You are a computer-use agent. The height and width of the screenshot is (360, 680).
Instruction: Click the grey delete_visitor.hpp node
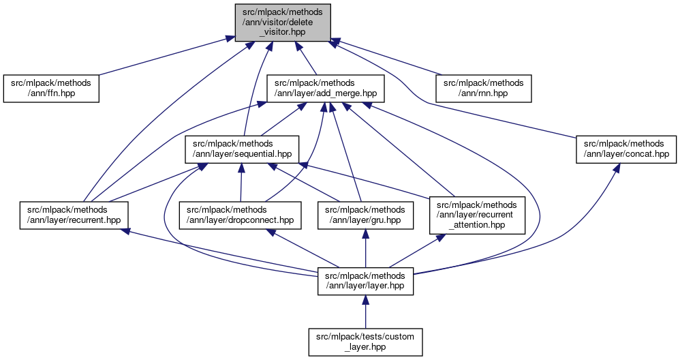282,21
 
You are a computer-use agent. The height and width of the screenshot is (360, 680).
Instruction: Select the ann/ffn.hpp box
51,89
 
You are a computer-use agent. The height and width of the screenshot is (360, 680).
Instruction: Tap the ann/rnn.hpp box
484,89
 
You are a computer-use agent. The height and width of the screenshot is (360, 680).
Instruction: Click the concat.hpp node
625,149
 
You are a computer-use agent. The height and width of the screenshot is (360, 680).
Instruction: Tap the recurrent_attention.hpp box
477,214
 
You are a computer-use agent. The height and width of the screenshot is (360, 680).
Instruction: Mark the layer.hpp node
366,280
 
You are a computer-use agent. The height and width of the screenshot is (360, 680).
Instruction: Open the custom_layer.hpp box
366,342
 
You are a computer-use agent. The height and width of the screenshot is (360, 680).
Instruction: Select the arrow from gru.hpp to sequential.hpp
320,182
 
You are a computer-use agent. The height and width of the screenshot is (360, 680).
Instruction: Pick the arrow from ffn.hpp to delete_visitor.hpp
164,57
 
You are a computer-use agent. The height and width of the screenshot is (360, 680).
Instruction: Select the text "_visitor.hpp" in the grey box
282,31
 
